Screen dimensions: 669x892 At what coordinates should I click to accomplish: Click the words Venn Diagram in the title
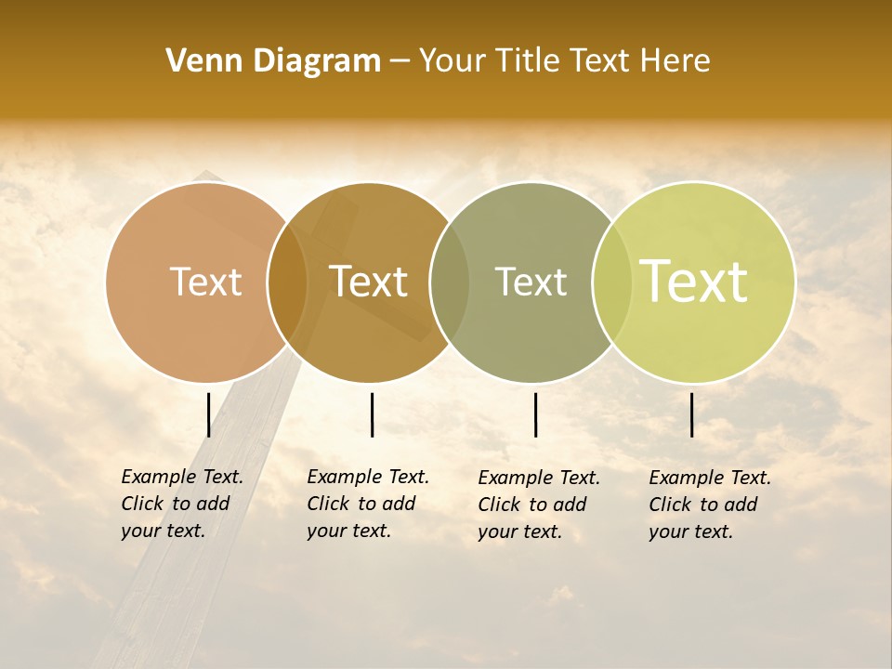click(x=273, y=61)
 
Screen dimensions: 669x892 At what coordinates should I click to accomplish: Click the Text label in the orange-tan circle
click(x=205, y=282)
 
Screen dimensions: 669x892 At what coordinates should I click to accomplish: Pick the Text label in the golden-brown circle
click(x=369, y=282)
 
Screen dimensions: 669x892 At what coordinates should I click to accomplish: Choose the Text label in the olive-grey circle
click(x=531, y=282)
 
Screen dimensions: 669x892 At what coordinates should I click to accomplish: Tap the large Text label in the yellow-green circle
click(x=694, y=282)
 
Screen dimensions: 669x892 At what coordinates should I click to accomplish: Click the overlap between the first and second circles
click(x=287, y=282)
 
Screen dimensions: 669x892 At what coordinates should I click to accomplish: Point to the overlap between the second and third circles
click(x=450, y=282)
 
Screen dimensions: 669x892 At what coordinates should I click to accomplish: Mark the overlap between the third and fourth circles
click(x=612, y=282)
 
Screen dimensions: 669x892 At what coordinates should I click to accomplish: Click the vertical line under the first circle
click(x=209, y=414)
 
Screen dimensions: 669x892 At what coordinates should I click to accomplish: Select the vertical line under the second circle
click(x=372, y=414)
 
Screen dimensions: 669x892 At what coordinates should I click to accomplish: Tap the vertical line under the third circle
click(x=535, y=414)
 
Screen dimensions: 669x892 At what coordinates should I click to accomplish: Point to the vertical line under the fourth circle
click(x=691, y=414)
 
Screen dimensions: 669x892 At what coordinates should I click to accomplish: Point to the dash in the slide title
click(x=400, y=62)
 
